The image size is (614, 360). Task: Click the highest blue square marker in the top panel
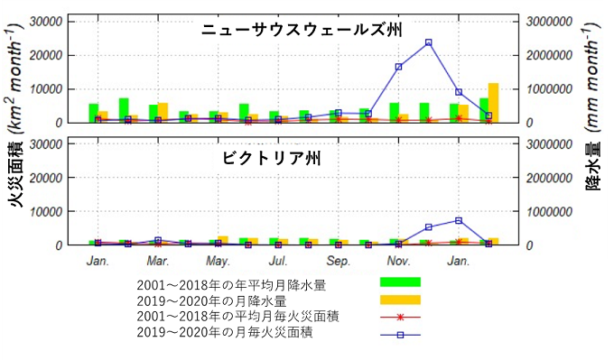428,42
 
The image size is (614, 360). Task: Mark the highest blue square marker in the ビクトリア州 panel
459,220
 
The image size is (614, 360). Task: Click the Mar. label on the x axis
157,262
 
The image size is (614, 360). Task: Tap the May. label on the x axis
218,262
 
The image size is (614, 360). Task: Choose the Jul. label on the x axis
278,262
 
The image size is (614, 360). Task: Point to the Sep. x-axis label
339,262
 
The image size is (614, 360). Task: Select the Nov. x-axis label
398,262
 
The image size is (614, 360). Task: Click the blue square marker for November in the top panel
398,67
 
